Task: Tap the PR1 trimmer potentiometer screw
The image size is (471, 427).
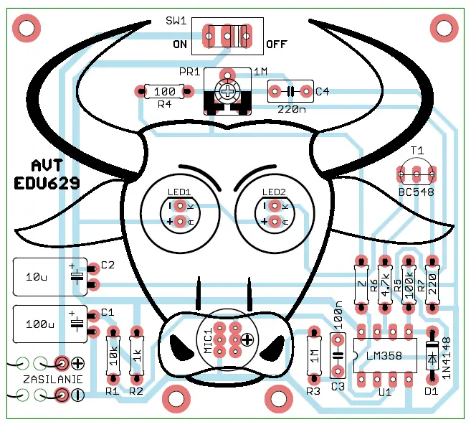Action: [227, 92]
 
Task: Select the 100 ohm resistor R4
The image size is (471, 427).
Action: [164, 91]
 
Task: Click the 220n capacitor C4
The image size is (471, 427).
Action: [290, 91]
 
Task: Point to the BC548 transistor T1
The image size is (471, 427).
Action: [417, 174]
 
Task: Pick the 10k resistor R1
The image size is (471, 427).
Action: [113, 354]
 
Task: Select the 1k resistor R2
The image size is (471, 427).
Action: [136, 354]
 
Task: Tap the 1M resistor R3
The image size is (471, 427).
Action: [313, 354]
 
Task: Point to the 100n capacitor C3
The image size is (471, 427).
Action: [337, 355]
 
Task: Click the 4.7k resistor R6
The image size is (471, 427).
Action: [384, 284]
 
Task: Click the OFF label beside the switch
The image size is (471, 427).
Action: [277, 44]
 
